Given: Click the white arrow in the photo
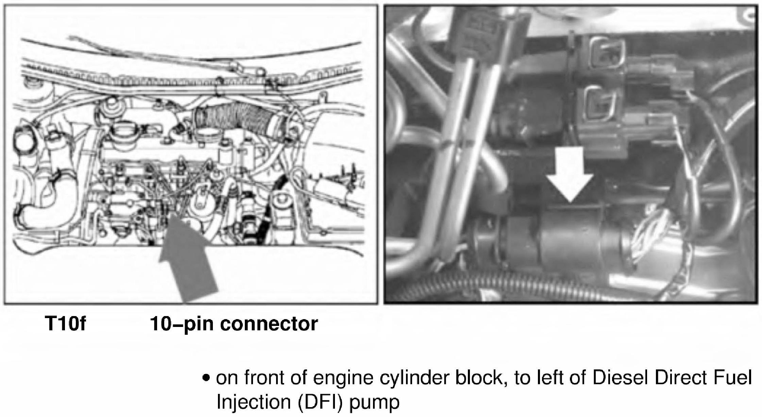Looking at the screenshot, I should tap(570, 177).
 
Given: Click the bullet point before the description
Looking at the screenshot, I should tap(205, 378).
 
